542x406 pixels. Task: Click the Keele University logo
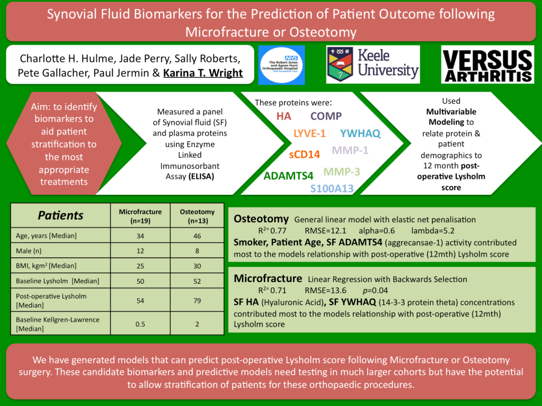(x=373, y=65)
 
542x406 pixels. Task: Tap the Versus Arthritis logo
(x=487, y=65)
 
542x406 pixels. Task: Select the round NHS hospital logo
(x=282, y=65)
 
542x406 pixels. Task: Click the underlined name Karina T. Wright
(x=203, y=73)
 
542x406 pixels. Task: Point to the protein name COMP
(x=326, y=116)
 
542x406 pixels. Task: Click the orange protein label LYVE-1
(x=310, y=133)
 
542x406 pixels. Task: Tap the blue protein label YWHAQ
(x=360, y=133)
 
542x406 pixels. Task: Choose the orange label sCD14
(x=305, y=155)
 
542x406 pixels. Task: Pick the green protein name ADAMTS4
(x=288, y=176)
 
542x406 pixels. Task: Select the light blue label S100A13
(x=332, y=188)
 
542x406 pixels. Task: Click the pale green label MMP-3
(x=342, y=172)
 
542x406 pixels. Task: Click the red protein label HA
(x=284, y=116)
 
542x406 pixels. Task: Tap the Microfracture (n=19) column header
(x=140, y=216)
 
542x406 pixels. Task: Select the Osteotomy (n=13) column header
(x=198, y=216)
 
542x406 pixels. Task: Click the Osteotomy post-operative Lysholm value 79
(x=197, y=301)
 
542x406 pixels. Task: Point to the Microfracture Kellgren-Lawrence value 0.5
(x=140, y=324)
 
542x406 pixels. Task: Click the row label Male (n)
(x=29, y=251)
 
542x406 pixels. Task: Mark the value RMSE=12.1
(x=325, y=231)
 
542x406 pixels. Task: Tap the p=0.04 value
(x=375, y=291)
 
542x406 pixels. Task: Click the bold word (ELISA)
(x=201, y=177)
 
